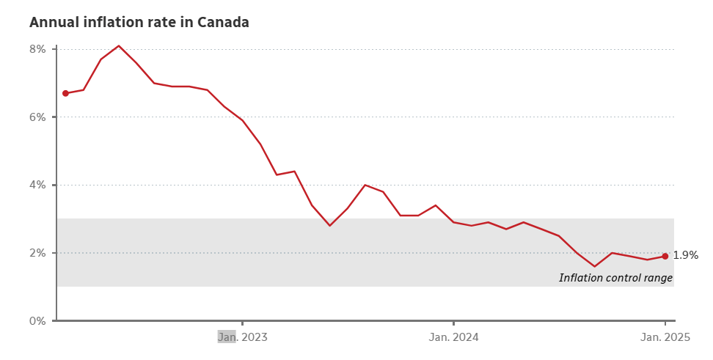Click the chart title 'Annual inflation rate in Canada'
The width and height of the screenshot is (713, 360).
pos(139,23)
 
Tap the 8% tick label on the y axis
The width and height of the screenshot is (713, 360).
pos(38,49)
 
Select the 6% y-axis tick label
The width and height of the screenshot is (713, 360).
pos(38,117)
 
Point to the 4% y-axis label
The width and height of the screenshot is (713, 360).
pos(38,185)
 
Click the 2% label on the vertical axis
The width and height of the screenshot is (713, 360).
pos(38,253)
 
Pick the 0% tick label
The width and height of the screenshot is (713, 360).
pos(38,321)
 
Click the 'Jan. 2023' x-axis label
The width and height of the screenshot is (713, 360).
pos(243,337)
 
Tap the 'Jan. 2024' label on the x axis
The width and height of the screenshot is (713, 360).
pos(454,337)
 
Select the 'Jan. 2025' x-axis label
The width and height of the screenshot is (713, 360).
pos(665,337)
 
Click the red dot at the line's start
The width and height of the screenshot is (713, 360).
pos(65,93)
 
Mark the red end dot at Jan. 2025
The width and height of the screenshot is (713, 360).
pos(665,256)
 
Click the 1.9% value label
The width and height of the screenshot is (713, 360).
pos(685,256)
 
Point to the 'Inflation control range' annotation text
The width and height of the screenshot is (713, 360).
pos(615,278)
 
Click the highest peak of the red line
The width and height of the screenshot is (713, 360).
pos(119,45)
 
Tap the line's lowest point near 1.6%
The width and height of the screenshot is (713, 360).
pos(595,266)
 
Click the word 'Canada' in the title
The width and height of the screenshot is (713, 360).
pos(224,23)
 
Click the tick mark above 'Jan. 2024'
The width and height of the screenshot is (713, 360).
pos(454,323)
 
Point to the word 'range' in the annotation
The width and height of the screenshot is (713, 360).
pos(657,279)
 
